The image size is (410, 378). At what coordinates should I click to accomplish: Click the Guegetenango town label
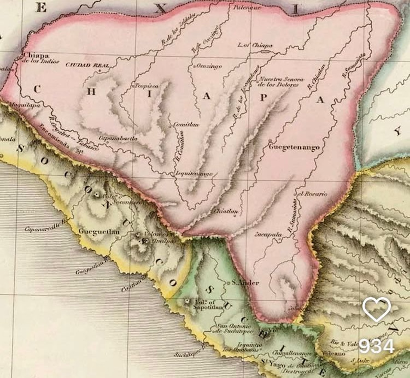(x=294, y=148)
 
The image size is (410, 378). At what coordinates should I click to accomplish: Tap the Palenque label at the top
(x=248, y=8)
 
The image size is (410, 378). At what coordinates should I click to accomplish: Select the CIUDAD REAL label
(x=87, y=65)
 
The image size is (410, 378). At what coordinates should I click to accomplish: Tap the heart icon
(x=377, y=309)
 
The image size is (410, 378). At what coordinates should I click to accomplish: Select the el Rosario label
(x=313, y=194)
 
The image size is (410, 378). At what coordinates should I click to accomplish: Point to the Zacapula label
(x=269, y=235)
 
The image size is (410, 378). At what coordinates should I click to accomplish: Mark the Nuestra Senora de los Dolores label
(x=280, y=82)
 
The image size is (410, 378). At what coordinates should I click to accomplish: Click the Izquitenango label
(x=194, y=174)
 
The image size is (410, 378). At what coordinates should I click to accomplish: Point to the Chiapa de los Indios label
(x=40, y=58)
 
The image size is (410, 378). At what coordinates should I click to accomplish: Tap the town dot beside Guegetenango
(x=270, y=140)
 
